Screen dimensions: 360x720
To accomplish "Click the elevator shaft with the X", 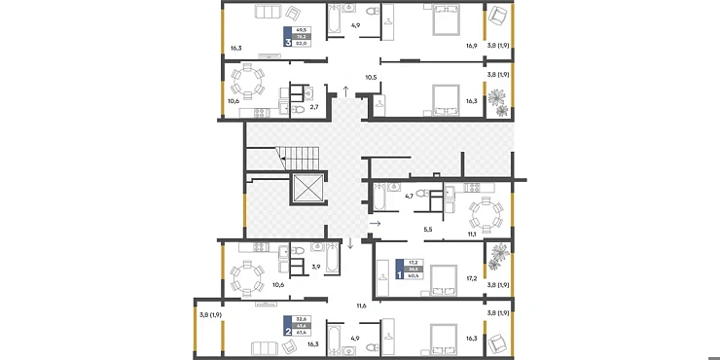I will point(307,190).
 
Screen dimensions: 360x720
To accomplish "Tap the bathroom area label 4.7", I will point(410,194).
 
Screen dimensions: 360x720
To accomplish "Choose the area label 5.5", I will point(427,230).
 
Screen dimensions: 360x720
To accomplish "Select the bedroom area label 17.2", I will point(471,278).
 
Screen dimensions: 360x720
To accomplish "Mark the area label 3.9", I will point(314,267).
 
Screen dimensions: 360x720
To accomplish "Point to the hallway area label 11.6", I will point(361,306).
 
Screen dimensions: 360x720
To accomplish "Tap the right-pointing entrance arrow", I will point(375,224).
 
